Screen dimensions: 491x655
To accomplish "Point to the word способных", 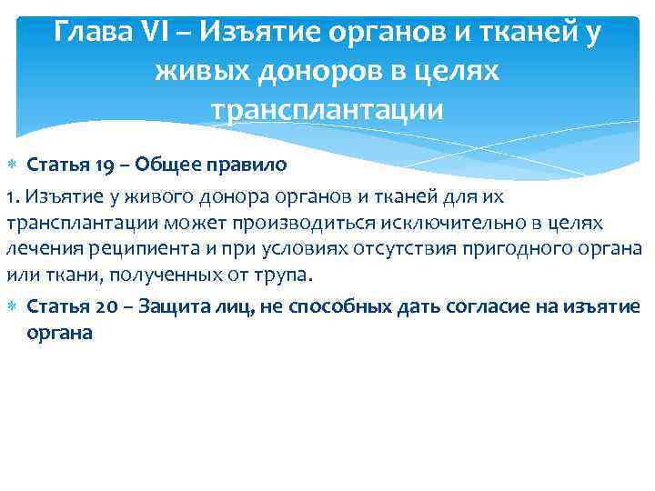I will point(340,306).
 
